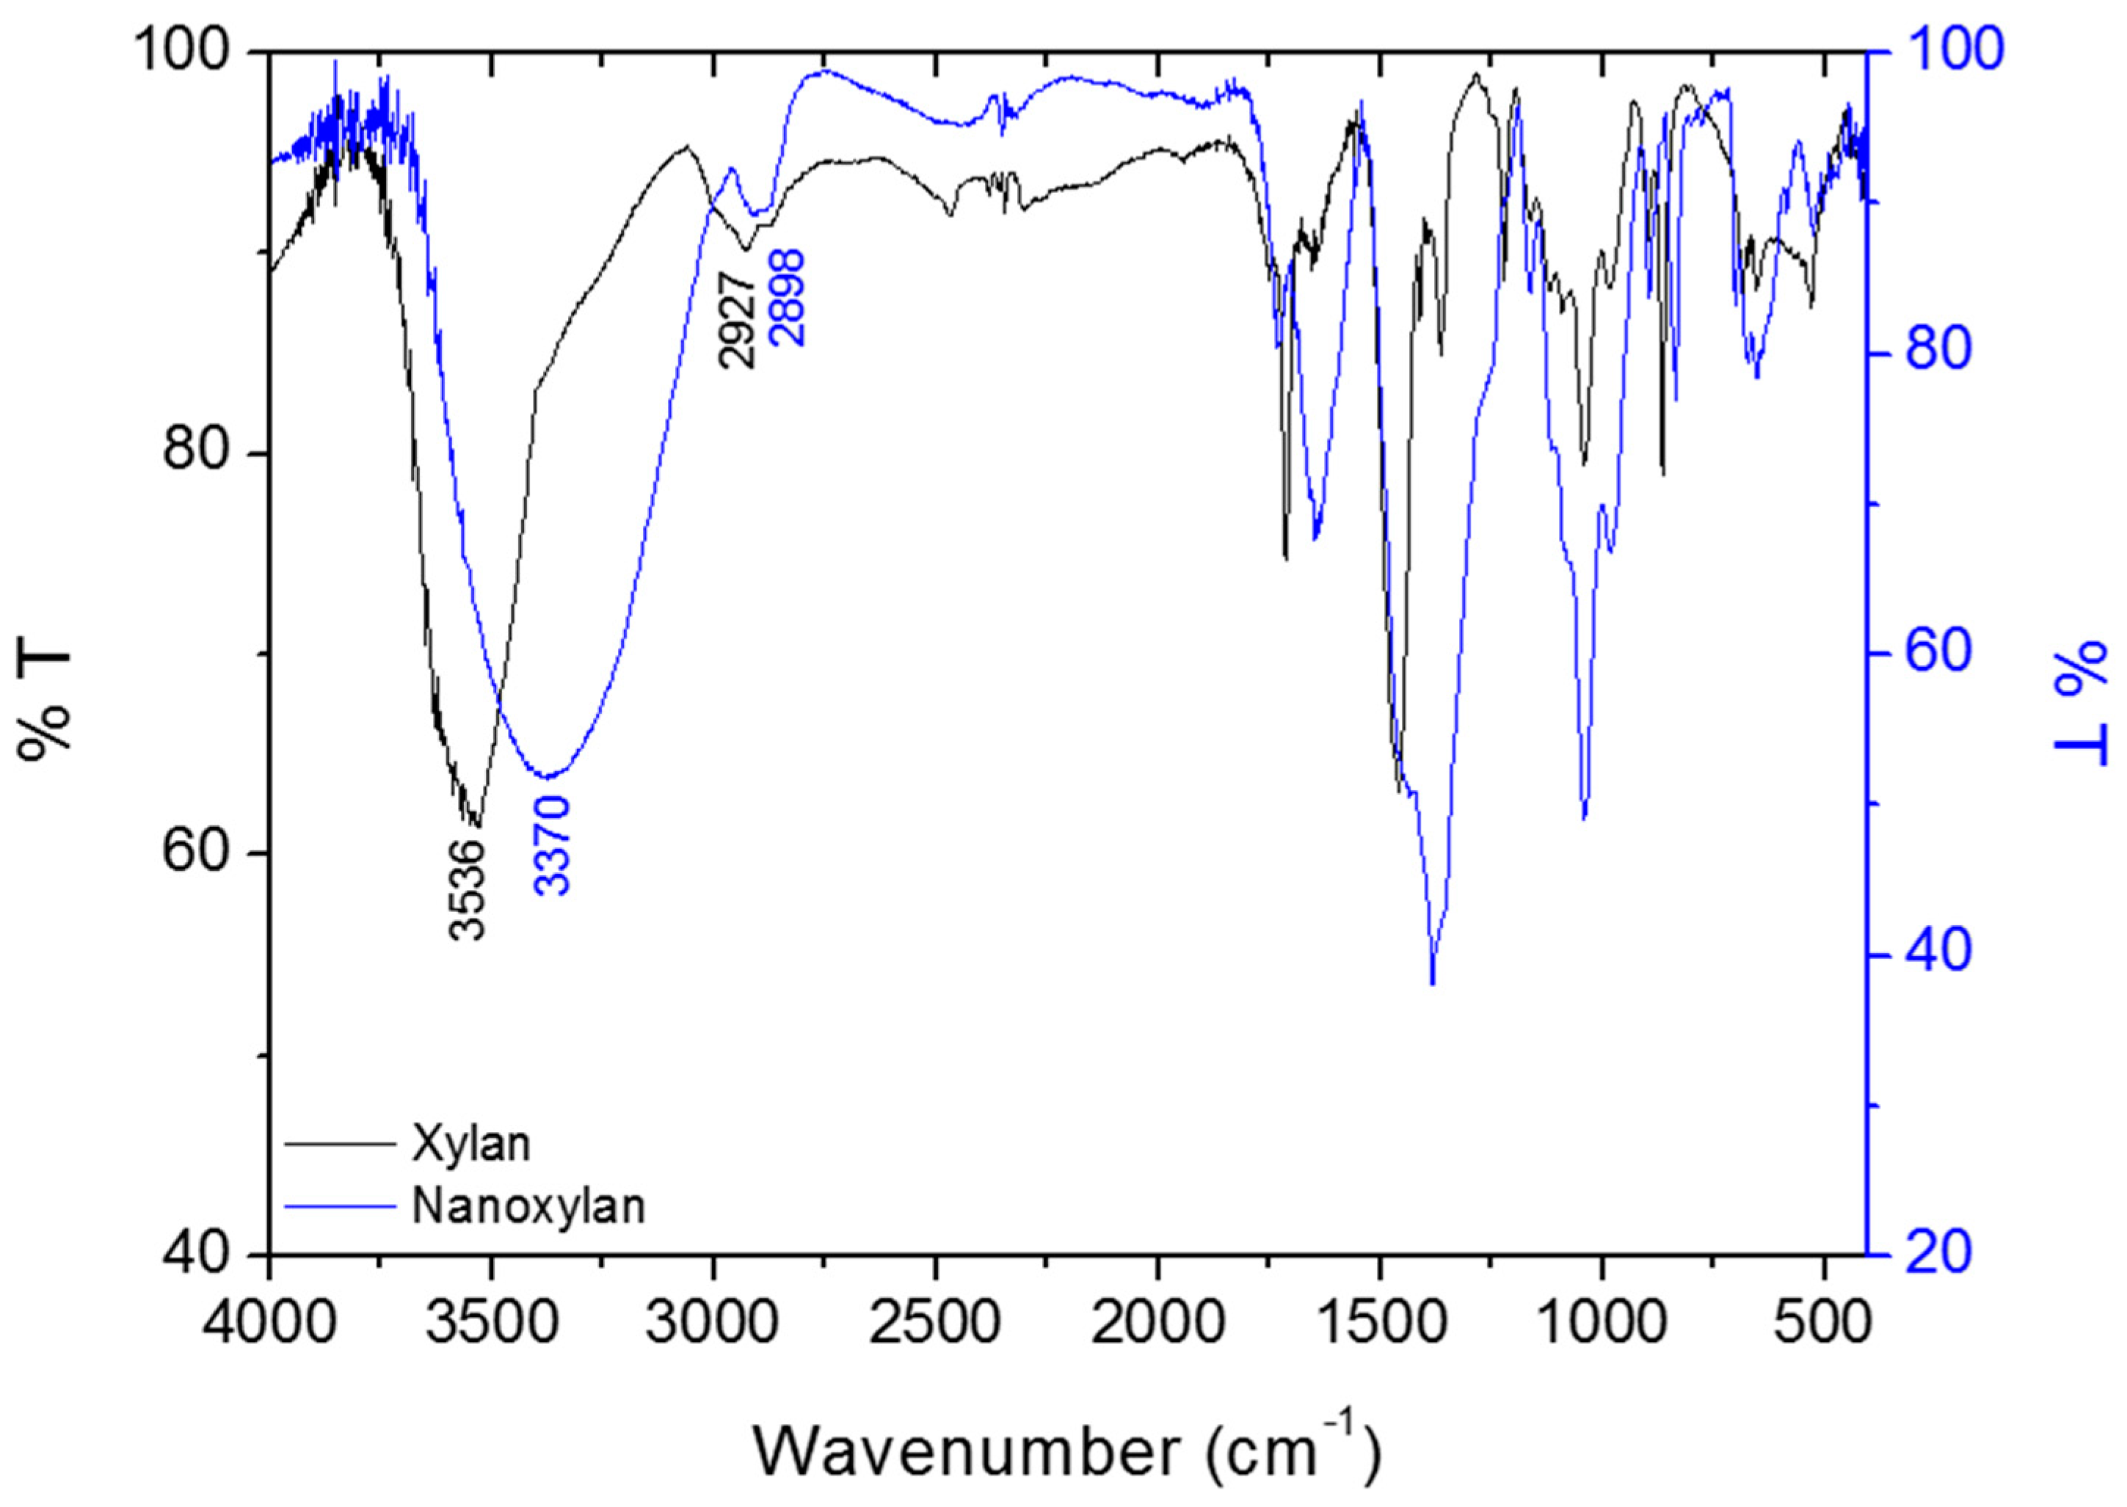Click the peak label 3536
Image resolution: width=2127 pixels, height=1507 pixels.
click(467, 890)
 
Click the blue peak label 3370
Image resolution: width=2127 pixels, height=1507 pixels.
click(553, 844)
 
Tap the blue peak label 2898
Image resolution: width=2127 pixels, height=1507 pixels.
click(788, 298)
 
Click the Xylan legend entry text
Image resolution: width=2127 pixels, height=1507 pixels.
click(471, 1144)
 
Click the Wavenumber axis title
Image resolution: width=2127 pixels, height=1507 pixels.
click(1067, 1451)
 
